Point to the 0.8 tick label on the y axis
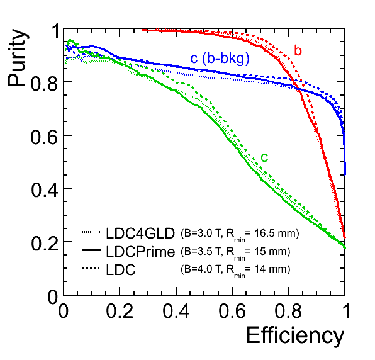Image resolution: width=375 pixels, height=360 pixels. click(x=44, y=83)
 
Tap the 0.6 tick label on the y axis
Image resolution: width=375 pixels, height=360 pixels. click(x=44, y=137)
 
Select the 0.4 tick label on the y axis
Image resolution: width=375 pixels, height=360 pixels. click(x=44, y=189)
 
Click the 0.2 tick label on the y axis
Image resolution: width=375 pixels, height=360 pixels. click(x=44, y=243)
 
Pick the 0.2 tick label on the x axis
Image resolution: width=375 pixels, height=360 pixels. click(x=120, y=311)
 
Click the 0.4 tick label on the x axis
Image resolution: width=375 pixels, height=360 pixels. click(x=176, y=311)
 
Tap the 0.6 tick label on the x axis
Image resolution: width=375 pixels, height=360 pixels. click(x=232, y=311)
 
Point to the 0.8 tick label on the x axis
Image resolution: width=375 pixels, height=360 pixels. click(x=288, y=311)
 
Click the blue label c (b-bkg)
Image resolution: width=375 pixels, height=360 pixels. click(x=220, y=59)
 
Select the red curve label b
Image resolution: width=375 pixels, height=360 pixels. click(x=298, y=50)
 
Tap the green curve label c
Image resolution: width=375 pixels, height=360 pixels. click(x=264, y=157)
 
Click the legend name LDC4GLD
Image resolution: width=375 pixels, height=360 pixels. click(x=140, y=233)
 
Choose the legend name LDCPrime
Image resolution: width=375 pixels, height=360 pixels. click(x=140, y=252)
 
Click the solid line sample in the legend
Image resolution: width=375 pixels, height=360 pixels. click(x=92, y=250)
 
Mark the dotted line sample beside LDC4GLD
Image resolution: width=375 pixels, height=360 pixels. click(x=91, y=232)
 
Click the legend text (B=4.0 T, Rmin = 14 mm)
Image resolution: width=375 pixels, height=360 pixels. click(x=235, y=271)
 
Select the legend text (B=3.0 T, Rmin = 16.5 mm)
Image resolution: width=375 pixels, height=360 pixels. click(x=240, y=235)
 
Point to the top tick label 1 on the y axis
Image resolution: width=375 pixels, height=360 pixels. click(x=56, y=31)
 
